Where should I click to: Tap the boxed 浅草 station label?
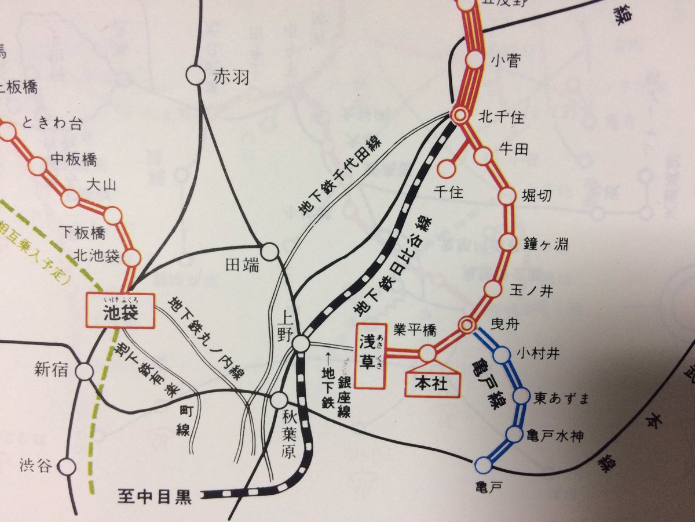(371, 356)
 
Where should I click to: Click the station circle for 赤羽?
(195, 74)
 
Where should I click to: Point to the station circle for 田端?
(269, 252)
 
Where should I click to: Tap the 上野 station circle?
(301, 343)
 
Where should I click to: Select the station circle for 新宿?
(86, 371)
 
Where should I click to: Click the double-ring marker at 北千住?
(461, 115)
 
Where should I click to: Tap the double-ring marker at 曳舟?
(467, 325)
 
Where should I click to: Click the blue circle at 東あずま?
(521, 398)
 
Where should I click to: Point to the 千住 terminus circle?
(446, 169)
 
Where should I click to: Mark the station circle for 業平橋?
(427, 352)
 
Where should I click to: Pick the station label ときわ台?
(52, 123)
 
